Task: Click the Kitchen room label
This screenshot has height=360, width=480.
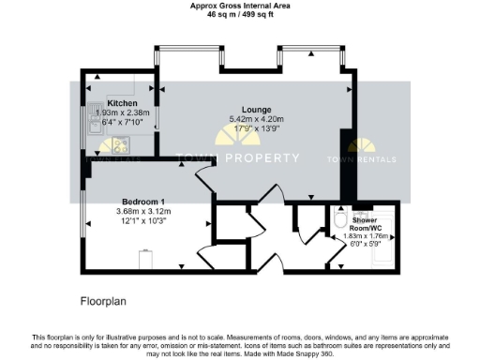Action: click(x=122, y=103)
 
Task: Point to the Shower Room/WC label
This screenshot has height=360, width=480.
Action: click(x=365, y=223)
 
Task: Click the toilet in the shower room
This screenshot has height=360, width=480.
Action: click(x=342, y=219)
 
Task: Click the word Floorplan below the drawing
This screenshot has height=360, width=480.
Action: click(x=102, y=303)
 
